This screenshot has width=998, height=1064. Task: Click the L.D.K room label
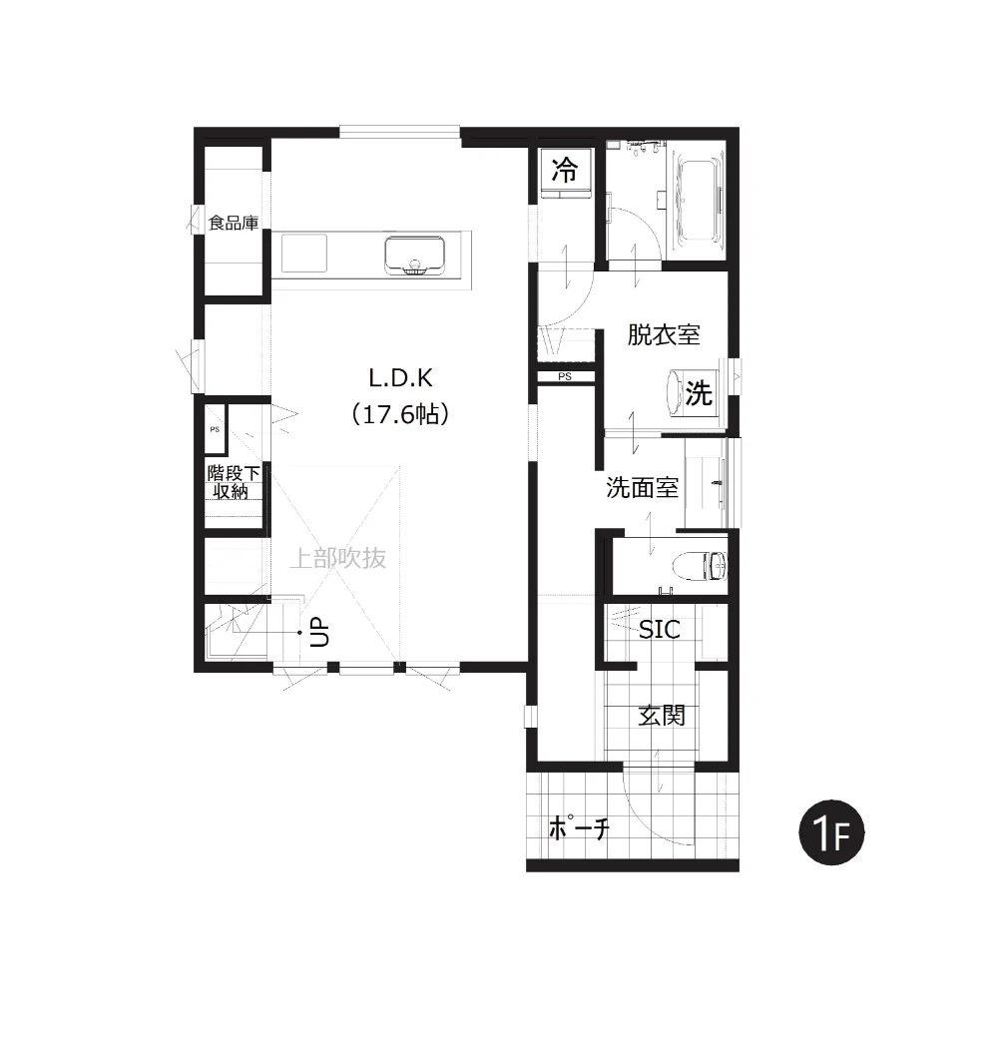[400, 378]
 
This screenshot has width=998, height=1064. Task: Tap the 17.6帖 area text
[400, 414]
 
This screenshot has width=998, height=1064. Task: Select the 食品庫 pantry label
[234, 223]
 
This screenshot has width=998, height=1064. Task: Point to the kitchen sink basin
[414, 256]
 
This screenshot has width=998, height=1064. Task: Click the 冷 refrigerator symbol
[565, 170]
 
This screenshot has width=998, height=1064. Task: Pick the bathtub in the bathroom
[696, 201]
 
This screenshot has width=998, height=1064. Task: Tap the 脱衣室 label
[664, 334]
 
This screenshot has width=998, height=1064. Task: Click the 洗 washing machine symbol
[700, 393]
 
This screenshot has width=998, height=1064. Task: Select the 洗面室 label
[642, 487]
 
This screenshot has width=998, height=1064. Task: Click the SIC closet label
[660, 630]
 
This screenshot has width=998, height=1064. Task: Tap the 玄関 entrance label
[662, 716]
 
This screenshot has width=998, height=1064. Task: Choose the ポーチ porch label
[579, 827]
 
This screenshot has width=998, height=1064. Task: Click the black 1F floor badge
[831, 832]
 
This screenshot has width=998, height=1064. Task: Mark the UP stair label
[319, 632]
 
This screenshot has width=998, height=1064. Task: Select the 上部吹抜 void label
[338, 558]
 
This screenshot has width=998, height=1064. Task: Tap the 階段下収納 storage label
[234, 481]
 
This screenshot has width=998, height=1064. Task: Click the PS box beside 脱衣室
[566, 376]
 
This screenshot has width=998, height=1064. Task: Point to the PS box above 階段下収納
[215, 429]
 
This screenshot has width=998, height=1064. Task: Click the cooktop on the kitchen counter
[304, 253]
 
